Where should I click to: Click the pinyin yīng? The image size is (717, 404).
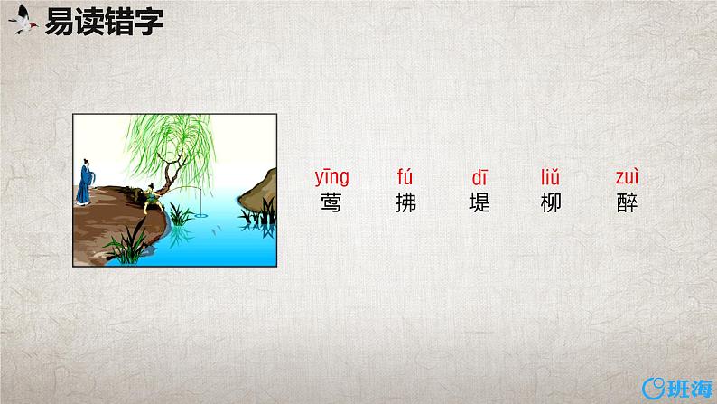click(331, 177)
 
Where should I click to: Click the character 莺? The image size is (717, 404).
click(331, 202)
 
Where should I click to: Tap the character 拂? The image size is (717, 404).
click(406, 202)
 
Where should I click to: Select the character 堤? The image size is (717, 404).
click(480, 202)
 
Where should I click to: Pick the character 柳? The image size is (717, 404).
click(551, 202)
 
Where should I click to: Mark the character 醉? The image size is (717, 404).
click(626, 202)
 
